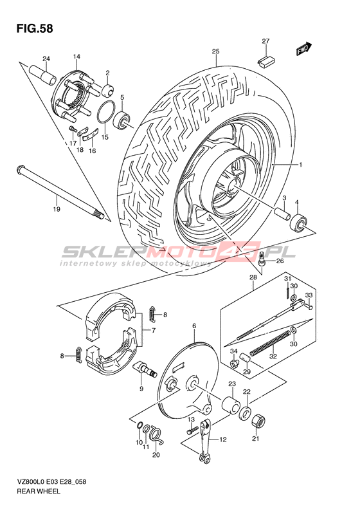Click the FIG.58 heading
pos(34,28)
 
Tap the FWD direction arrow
pos(303,49)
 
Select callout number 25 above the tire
pos(215,51)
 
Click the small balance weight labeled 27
pos(266,61)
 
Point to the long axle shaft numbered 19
pos(60,192)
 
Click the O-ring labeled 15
pos(106,113)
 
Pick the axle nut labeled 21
pos(259,420)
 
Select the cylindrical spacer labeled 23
pos(231,405)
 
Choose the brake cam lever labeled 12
pos(205,441)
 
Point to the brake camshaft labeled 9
pos(145,369)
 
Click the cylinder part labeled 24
pos(43,75)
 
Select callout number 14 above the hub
pos(76,57)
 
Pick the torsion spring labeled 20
pos(157,436)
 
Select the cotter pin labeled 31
pos(287,290)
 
